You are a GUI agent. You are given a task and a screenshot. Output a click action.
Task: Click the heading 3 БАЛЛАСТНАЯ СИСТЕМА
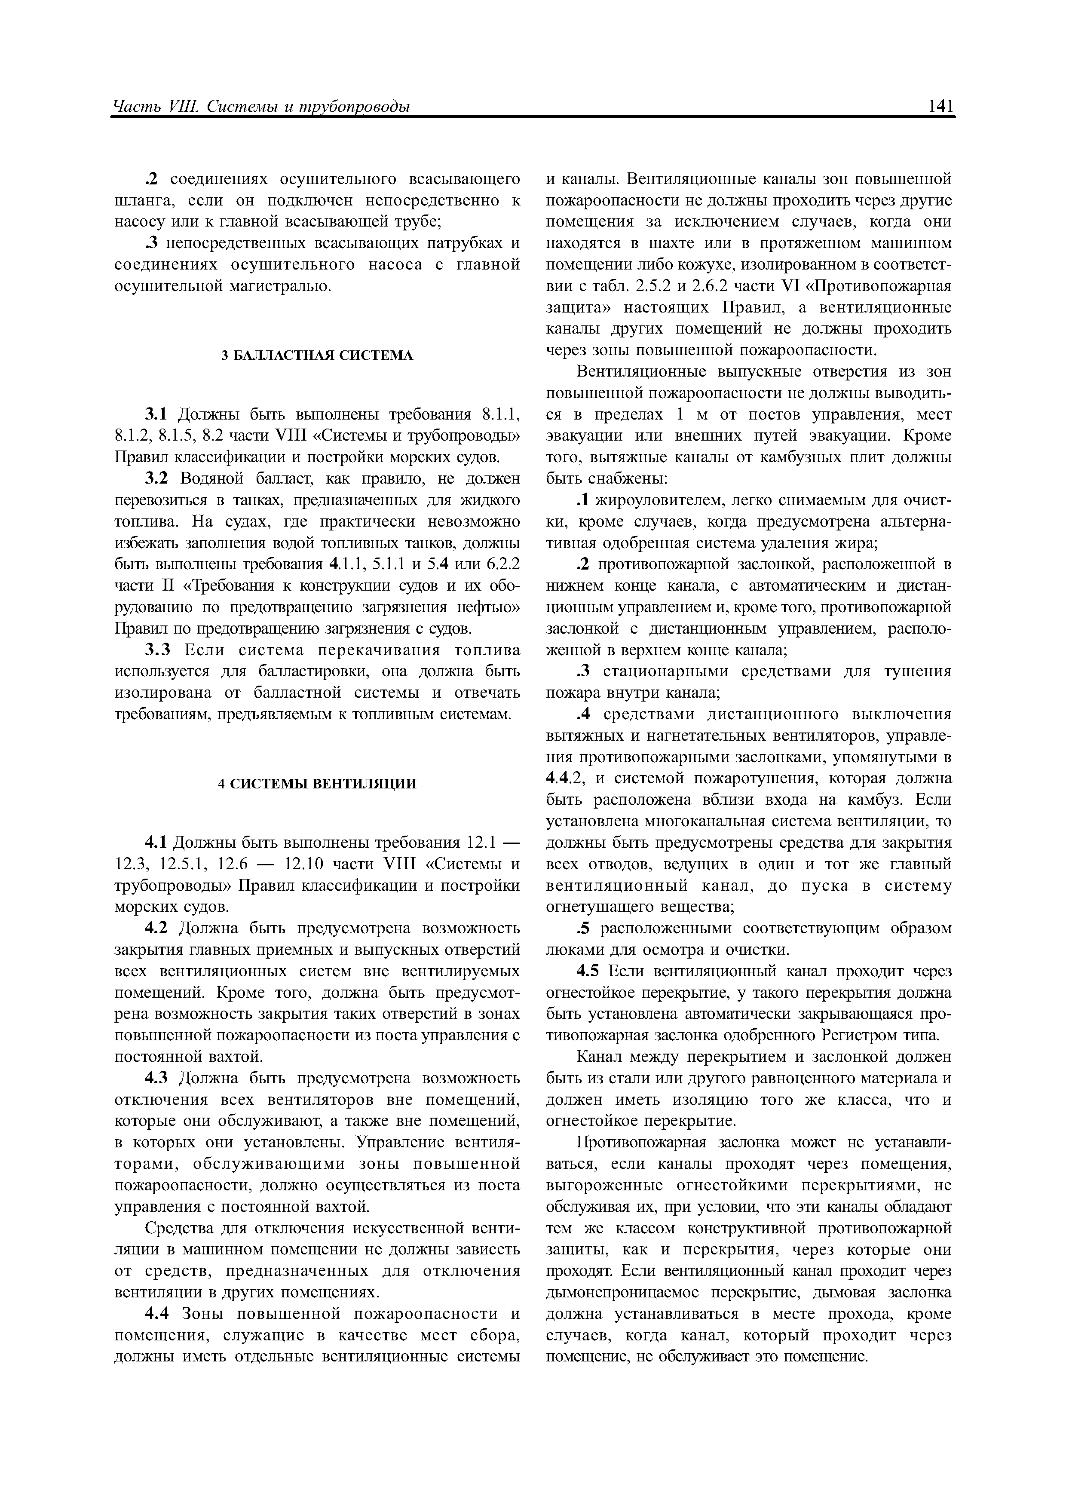[x=317, y=356]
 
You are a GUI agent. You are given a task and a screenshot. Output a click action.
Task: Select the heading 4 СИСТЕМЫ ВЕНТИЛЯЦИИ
[x=317, y=784]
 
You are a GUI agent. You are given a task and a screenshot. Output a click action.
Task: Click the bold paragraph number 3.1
[x=157, y=414]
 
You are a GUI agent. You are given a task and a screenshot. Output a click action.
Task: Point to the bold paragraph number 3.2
[x=157, y=479]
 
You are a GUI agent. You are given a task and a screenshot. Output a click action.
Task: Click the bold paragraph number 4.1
[x=157, y=843]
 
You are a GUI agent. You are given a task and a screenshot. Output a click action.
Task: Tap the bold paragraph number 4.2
[x=157, y=928]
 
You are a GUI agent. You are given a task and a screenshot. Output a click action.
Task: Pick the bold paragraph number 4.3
[x=157, y=1079]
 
